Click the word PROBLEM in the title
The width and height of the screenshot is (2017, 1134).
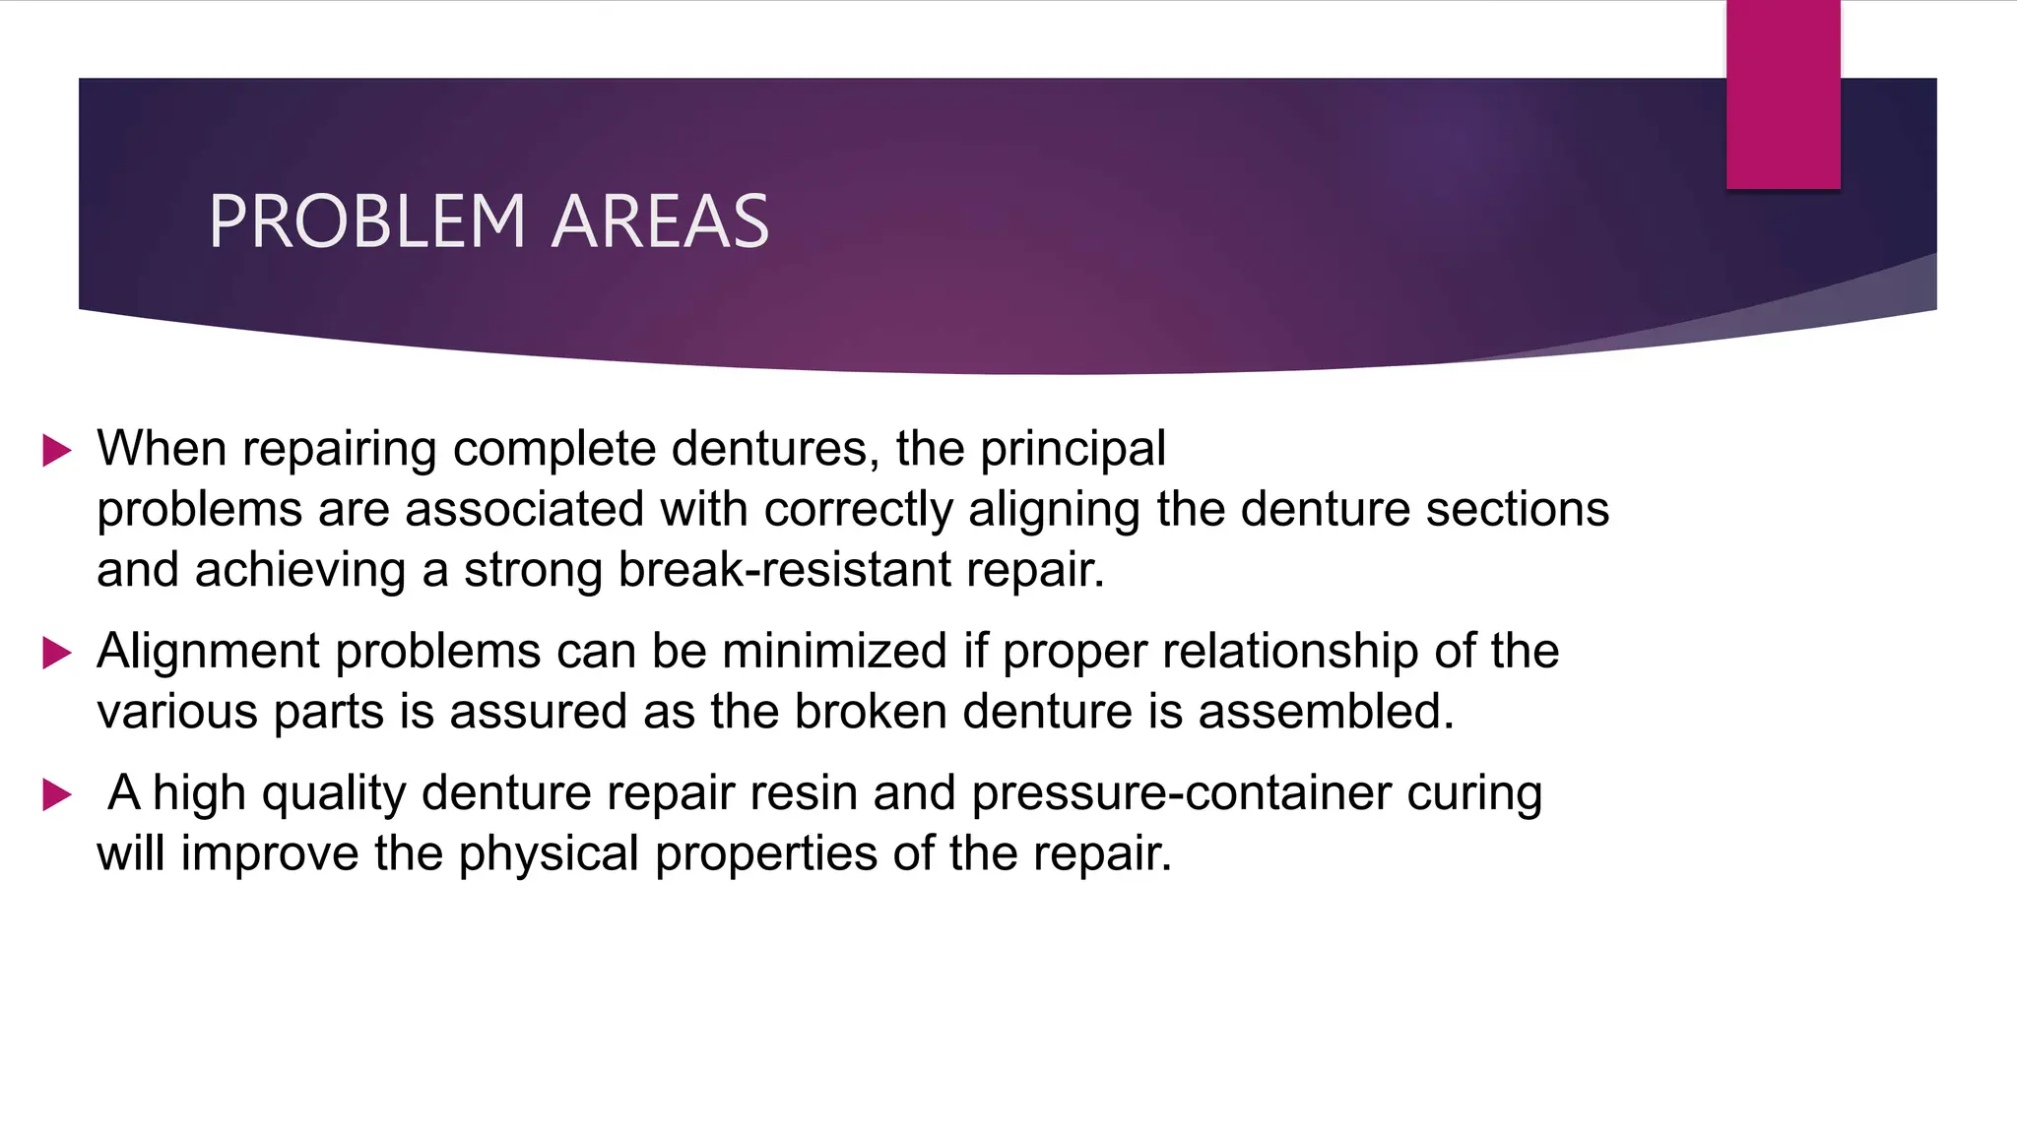(367, 221)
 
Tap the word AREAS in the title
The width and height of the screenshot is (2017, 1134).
(660, 221)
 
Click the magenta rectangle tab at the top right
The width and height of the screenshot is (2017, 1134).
(1783, 94)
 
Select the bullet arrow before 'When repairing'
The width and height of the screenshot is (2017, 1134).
(57, 452)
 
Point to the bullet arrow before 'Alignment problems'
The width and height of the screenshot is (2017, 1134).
(57, 653)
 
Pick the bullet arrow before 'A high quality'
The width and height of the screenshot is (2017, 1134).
(57, 794)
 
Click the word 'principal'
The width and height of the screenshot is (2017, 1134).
(1073, 450)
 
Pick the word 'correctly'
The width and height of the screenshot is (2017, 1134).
(858, 510)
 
